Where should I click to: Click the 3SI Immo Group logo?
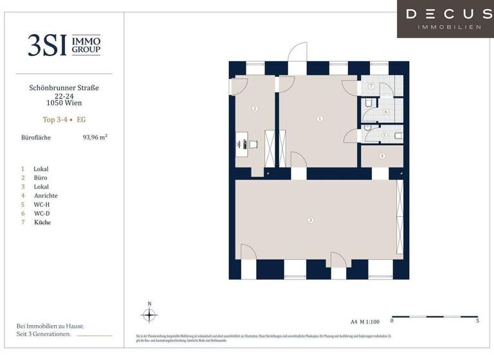point(64,45)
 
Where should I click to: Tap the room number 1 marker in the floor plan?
point(320,118)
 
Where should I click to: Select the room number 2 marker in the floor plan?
point(255,109)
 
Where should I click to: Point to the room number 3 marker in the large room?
point(311,221)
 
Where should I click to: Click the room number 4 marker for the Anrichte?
point(382,156)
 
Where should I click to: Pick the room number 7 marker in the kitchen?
point(371,86)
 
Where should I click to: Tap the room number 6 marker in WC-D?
point(386,111)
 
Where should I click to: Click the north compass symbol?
point(149,314)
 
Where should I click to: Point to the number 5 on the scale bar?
point(477,320)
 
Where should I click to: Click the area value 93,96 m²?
point(95,137)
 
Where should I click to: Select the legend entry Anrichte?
point(46,195)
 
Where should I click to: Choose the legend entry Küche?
point(42,222)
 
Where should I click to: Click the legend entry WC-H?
point(42,204)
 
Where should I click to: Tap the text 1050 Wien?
point(64,103)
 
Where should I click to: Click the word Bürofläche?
point(36,137)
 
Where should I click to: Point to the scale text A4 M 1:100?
point(364,320)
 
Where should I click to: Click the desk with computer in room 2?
point(243,145)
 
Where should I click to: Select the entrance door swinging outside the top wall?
point(297,55)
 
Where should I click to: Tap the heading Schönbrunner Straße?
point(64,87)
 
